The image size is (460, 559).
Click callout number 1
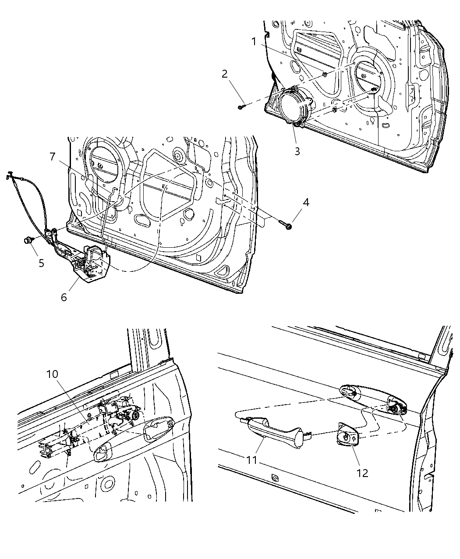(x=254, y=41)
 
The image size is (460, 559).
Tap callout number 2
(x=225, y=74)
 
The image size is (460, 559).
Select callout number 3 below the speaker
(x=297, y=151)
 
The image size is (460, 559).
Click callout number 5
(x=41, y=263)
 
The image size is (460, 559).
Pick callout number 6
(x=64, y=297)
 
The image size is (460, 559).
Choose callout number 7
(x=52, y=157)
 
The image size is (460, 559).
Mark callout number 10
(x=52, y=374)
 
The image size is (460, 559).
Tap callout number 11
(x=252, y=461)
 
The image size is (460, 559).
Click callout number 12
(x=362, y=473)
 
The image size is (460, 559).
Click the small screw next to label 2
(x=241, y=106)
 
